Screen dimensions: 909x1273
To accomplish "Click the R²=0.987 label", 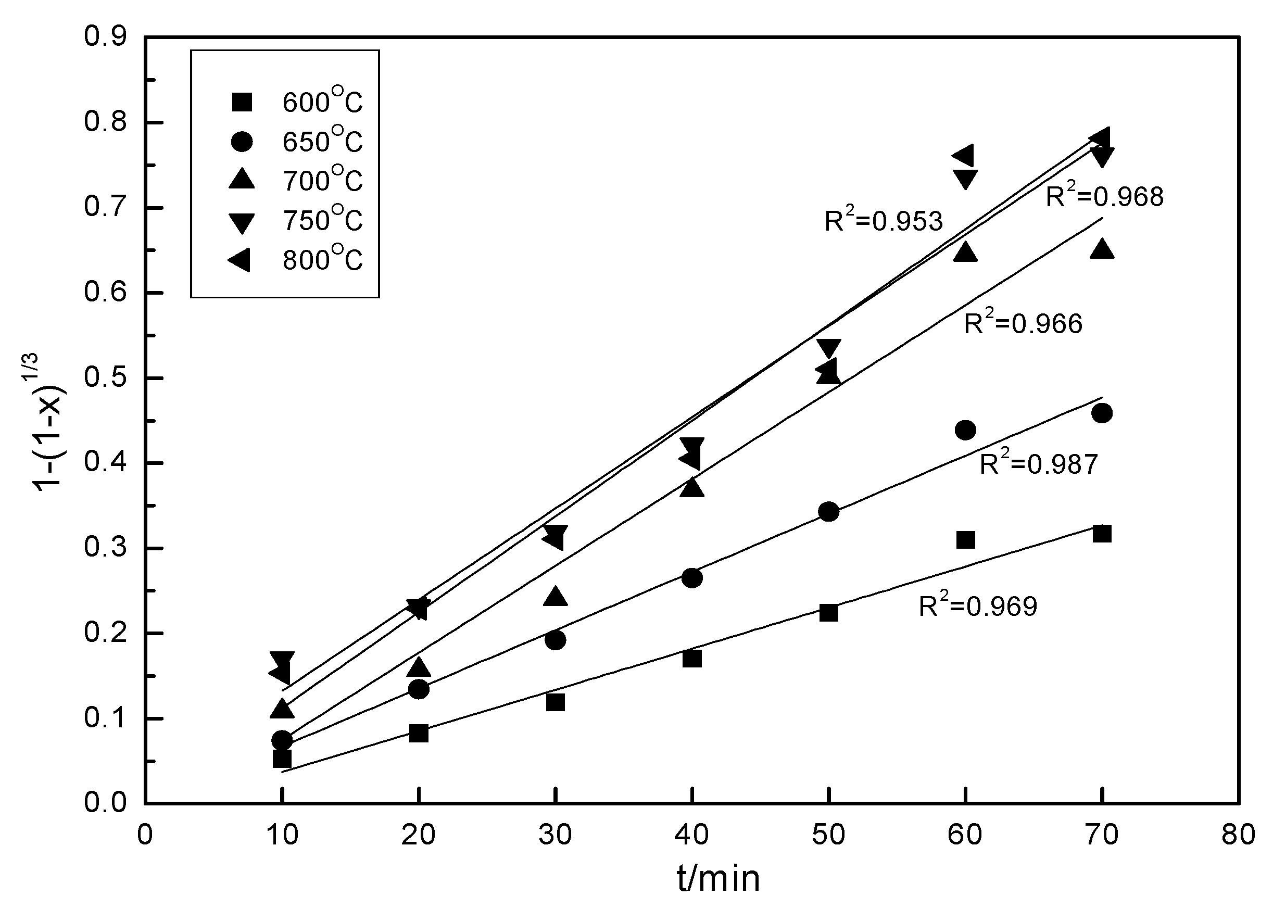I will coord(1038,463).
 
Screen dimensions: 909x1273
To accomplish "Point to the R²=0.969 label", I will coord(977,605).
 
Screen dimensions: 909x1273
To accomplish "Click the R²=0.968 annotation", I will coord(1104,196).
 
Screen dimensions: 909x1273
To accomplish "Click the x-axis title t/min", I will coord(717,878).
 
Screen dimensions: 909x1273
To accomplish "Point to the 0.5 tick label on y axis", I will coord(105,378).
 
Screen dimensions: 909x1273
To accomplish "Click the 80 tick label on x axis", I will coord(1238,835).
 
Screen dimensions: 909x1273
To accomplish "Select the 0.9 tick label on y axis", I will coord(105,37).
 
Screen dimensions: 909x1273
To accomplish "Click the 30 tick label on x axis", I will coord(555,835).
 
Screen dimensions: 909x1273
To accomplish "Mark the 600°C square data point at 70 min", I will coord(1102,534).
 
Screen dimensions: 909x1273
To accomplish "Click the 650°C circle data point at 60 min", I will coord(965,431).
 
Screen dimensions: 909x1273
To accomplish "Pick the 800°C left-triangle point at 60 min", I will coord(963,156).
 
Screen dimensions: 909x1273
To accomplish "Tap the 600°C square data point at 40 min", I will coord(692,659).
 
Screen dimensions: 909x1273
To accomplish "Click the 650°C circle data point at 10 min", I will coord(282,740).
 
